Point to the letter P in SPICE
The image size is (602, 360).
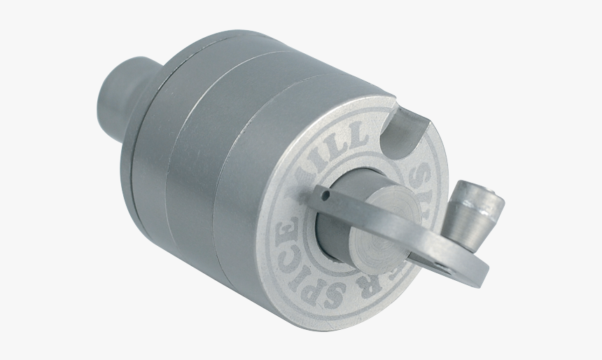(315, 286)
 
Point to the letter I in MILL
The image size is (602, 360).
(327, 151)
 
